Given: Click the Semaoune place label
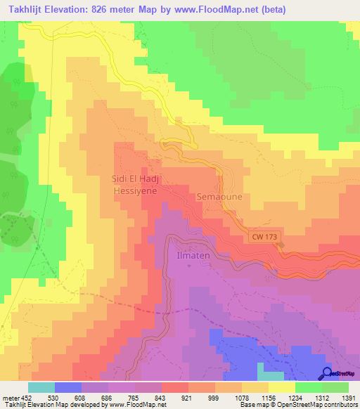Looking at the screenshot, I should [219, 197].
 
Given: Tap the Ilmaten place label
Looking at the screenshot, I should [189, 257].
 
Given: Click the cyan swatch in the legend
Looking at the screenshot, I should [41, 387].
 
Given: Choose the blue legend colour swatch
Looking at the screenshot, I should [68, 387].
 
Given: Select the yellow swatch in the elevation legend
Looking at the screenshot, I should [282, 387].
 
